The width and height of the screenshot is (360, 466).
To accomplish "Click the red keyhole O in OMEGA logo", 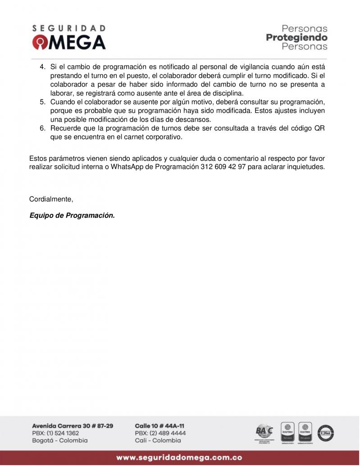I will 39,42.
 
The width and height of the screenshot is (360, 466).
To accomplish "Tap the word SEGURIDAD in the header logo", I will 69,28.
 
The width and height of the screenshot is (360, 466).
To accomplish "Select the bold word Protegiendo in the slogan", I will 296,37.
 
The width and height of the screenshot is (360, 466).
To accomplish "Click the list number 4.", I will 43,67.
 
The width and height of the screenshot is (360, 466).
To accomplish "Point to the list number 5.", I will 43,102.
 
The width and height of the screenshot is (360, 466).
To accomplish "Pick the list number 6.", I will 43,129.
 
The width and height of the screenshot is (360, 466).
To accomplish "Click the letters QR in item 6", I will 319,129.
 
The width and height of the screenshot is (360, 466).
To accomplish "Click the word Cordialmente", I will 51,199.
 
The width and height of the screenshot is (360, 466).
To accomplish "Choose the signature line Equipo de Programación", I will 72,216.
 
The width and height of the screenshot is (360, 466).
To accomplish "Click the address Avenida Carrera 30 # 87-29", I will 73,426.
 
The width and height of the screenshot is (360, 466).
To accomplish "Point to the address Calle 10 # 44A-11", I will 159,426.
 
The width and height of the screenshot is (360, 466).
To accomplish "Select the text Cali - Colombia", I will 158,440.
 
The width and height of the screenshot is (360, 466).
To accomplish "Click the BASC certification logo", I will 264,432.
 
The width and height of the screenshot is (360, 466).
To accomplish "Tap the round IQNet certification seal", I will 325,433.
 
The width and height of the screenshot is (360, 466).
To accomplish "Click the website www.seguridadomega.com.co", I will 179,458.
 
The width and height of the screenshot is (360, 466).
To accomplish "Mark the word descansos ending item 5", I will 195,120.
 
